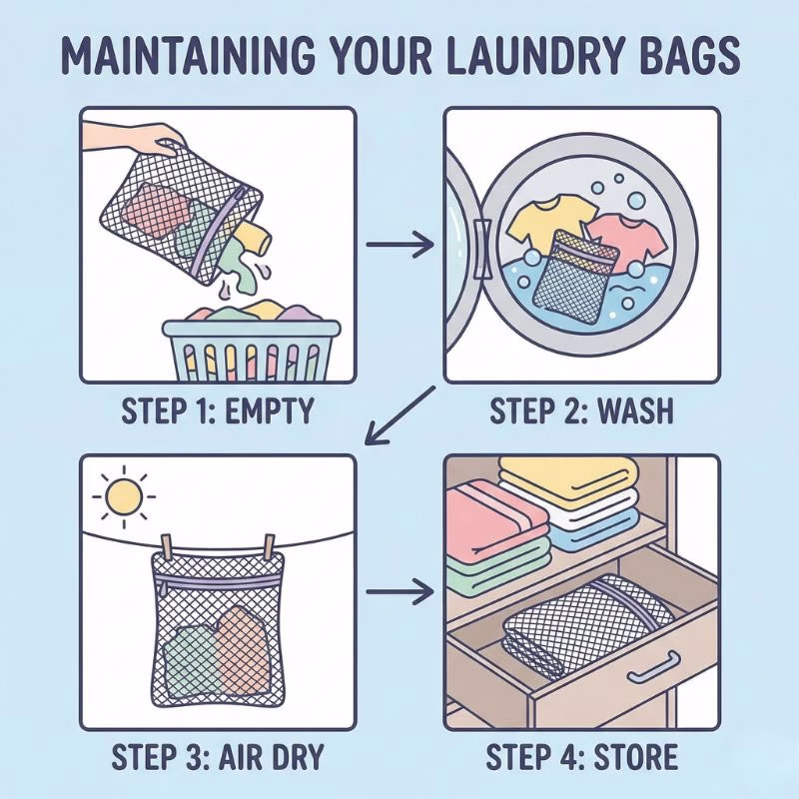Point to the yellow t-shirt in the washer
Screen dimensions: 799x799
pyautogui.click(x=535, y=223)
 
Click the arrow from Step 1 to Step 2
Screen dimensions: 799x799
pyautogui.click(x=399, y=243)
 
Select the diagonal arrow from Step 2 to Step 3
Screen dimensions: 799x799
pyautogui.click(x=399, y=411)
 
